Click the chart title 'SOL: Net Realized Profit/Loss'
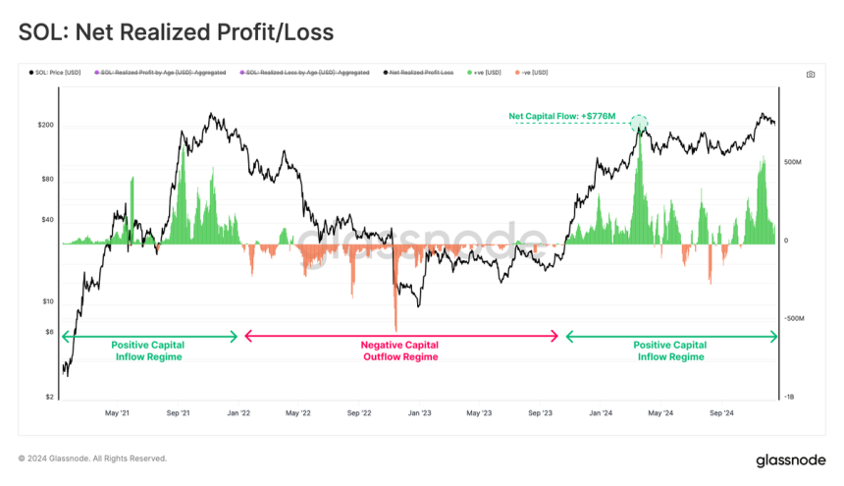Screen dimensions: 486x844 (x=176, y=32)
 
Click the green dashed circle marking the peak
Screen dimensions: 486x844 (x=639, y=124)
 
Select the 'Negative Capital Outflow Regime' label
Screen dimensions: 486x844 (x=399, y=351)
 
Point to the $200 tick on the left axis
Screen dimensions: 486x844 (x=46, y=126)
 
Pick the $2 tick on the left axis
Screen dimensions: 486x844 (x=50, y=398)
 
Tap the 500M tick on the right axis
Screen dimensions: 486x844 (x=793, y=162)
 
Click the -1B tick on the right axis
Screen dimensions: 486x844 (x=790, y=398)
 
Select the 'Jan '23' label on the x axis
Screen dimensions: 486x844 (x=420, y=413)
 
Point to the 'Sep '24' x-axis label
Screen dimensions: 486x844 (x=722, y=413)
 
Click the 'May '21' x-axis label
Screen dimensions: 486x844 (x=117, y=413)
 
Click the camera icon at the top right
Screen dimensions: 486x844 (x=810, y=75)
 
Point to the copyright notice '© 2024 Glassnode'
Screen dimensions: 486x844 (x=92, y=459)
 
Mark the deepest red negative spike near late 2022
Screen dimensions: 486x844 (x=395, y=329)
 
